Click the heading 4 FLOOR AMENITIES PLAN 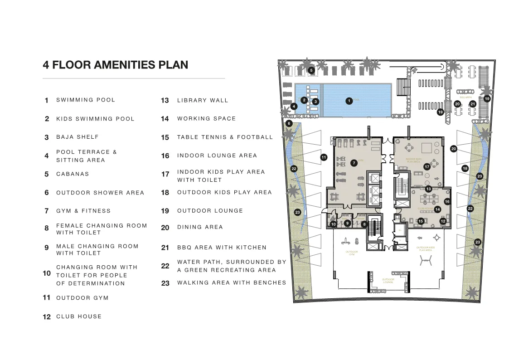115,65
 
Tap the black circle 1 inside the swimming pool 349,101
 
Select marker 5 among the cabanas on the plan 311,70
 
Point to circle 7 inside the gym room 354,163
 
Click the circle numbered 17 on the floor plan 427,167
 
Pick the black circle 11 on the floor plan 324,157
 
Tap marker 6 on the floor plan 289,123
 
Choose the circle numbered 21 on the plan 473,104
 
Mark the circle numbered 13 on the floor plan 428,189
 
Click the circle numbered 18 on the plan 465,169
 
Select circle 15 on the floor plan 421,221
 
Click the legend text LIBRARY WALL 203,100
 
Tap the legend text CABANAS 73,174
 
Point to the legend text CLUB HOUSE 79,316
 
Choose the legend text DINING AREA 200,227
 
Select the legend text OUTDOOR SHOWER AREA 100,193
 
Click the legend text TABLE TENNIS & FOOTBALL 225,137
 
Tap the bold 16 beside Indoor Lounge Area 165,156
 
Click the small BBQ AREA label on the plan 465,97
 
